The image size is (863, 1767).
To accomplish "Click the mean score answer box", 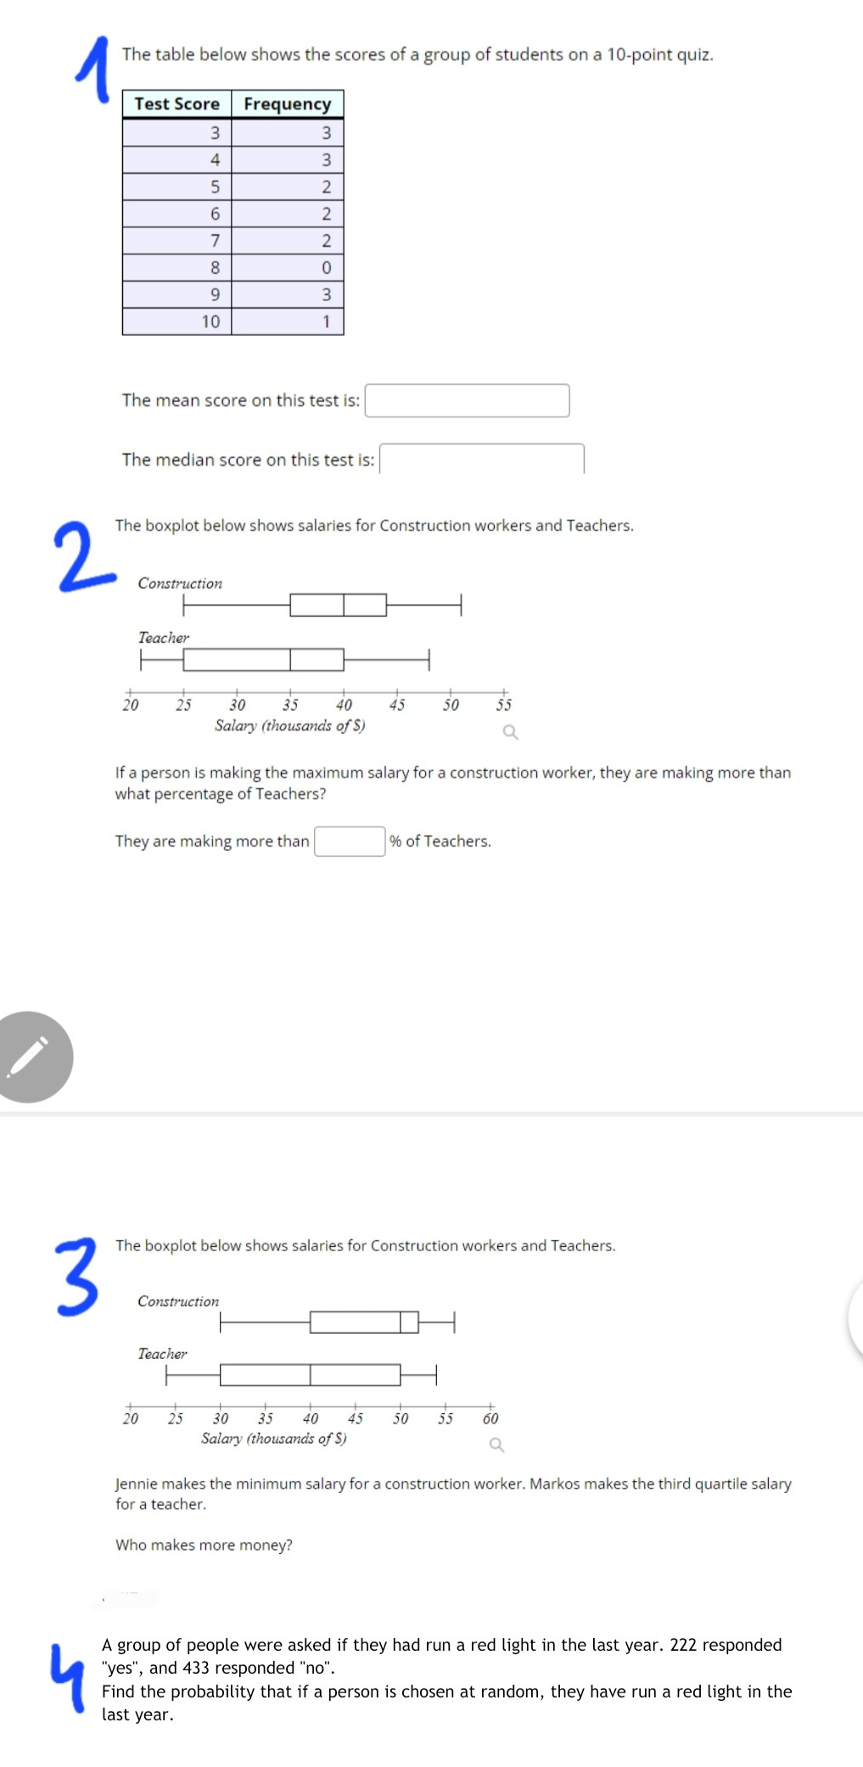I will [x=467, y=400].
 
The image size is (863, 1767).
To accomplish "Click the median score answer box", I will [x=481, y=459].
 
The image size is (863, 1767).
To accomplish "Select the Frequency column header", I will [x=287, y=103].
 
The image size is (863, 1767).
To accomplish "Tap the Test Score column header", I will [x=177, y=103].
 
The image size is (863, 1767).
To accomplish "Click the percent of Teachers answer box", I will [x=350, y=842].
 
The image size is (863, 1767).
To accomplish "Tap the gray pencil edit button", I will [x=31, y=1056].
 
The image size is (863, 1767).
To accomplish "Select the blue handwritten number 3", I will [x=76, y=1277].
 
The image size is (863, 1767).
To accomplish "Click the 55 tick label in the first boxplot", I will [x=504, y=705].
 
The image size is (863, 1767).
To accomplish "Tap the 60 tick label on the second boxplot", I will [x=490, y=1418].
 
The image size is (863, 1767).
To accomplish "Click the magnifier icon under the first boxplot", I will [x=510, y=732].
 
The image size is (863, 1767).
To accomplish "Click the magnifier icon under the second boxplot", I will [x=496, y=1445].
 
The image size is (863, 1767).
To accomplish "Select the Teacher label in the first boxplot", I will [x=164, y=637].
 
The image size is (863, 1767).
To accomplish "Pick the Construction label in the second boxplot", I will [x=178, y=1301].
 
